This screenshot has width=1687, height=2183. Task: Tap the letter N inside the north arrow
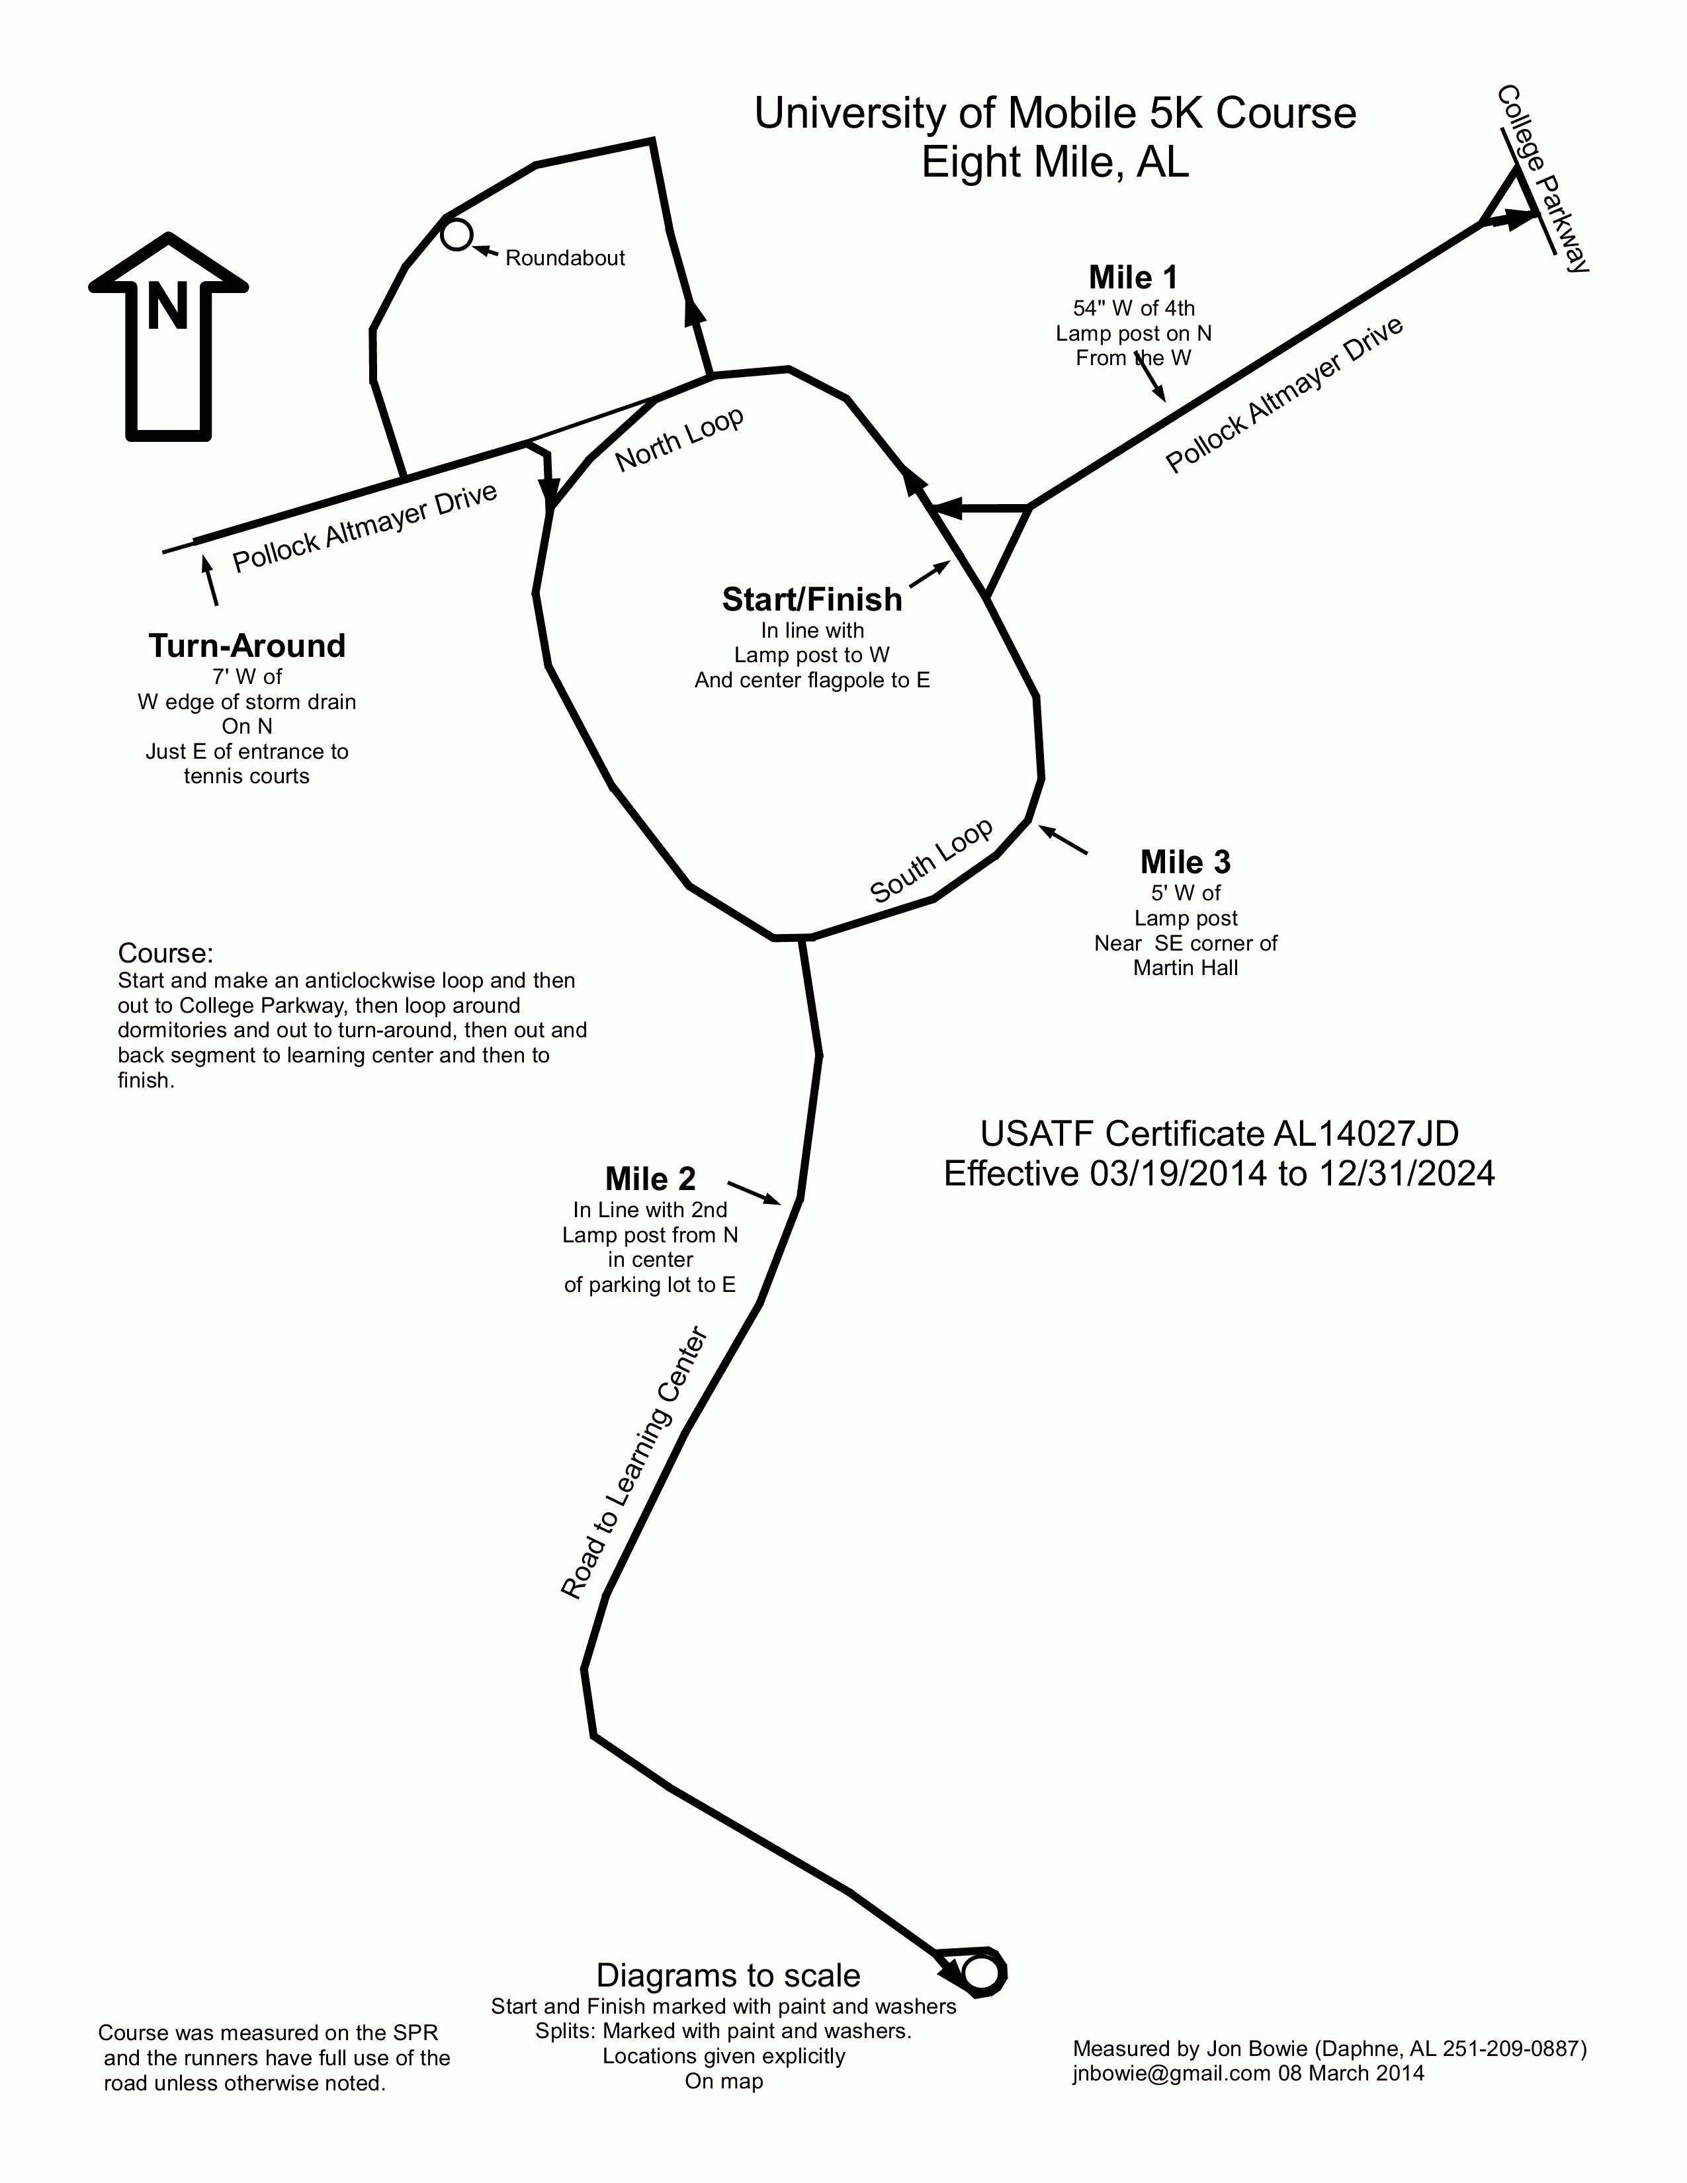point(168,306)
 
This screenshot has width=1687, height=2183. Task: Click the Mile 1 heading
point(1133,277)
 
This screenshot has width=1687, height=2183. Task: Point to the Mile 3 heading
point(1186,861)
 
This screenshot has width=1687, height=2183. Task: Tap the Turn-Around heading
point(247,646)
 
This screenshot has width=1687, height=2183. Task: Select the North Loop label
point(679,440)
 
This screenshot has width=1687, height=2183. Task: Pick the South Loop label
point(931,861)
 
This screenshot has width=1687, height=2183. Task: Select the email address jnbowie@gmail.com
point(1170,2073)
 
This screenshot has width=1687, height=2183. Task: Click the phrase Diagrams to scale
point(728,1975)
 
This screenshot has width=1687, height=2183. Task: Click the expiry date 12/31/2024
point(1406,1172)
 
